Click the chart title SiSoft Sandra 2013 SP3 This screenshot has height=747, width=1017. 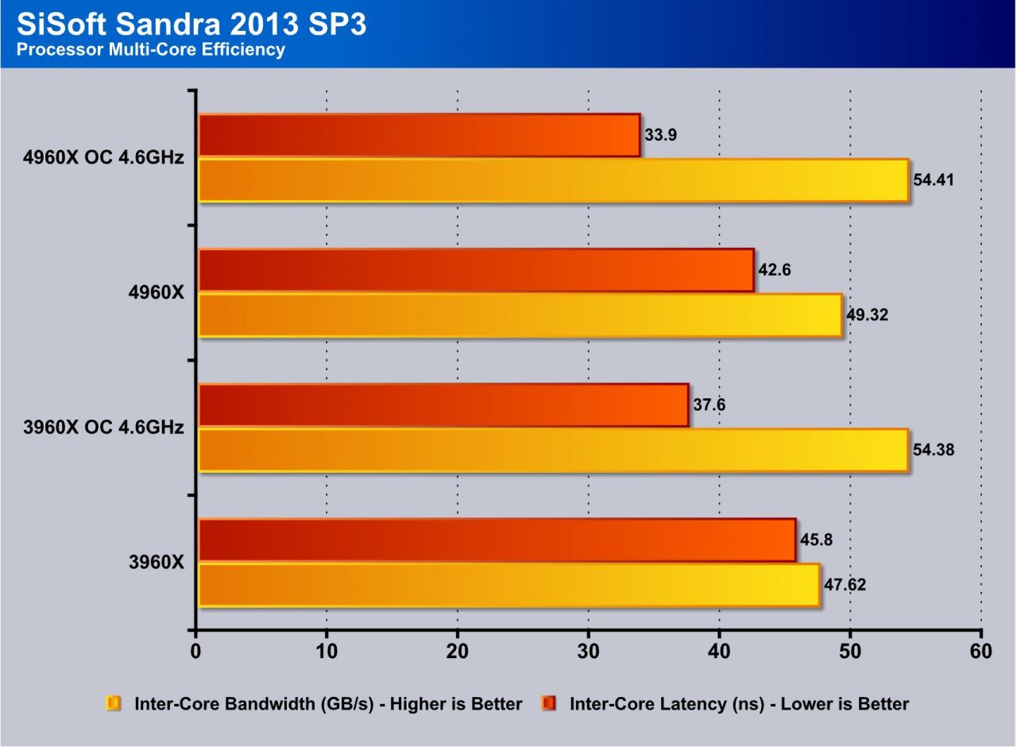click(191, 25)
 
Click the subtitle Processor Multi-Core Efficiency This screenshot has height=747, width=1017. click(151, 50)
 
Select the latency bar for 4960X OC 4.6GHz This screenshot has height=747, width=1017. click(419, 135)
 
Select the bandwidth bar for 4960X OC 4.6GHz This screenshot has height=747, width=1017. click(553, 180)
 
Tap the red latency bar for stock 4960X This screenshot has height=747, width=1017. click(476, 270)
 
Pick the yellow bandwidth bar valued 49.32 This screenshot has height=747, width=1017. click(520, 315)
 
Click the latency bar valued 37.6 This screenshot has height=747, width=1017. click(443, 405)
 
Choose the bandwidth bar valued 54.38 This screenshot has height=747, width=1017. click(553, 451)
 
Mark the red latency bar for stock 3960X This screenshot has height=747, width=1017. click(497, 540)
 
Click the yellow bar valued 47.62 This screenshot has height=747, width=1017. click(508, 586)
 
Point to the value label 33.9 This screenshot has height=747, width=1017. click(660, 135)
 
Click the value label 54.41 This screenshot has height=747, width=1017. click(934, 180)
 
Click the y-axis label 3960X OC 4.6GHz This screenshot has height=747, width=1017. click(104, 428)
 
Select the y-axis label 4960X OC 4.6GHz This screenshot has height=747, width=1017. click(104, 157)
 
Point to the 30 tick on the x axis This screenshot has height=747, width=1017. click(588, 652)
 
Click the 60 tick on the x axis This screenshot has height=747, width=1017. click(981, 652)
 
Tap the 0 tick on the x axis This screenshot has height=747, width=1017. click(195, 652)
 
